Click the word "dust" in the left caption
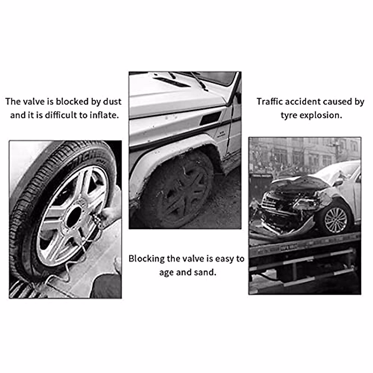coord(112,101)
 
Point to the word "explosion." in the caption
coord(321,115)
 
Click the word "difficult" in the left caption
coord(61,115)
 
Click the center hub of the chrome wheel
coord(74,216)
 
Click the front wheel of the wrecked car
coord(335,220)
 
